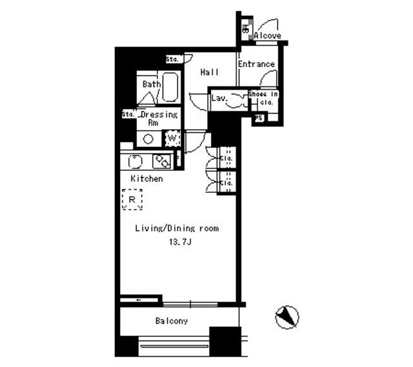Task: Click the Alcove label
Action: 267,36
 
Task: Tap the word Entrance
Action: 256,64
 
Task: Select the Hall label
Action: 208,73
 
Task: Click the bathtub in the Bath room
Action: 170,86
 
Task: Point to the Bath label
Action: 151,84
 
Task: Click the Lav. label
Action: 218,98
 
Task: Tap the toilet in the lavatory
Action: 236,100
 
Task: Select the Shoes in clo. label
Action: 263,98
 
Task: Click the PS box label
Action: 259,118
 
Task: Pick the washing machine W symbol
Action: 172,137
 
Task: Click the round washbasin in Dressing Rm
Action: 148,138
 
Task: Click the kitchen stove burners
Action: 160,161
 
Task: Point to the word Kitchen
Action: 146,179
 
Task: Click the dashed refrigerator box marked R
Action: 132,199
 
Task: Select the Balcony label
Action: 171,321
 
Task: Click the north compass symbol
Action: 287,317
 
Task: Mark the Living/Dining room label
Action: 176,228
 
